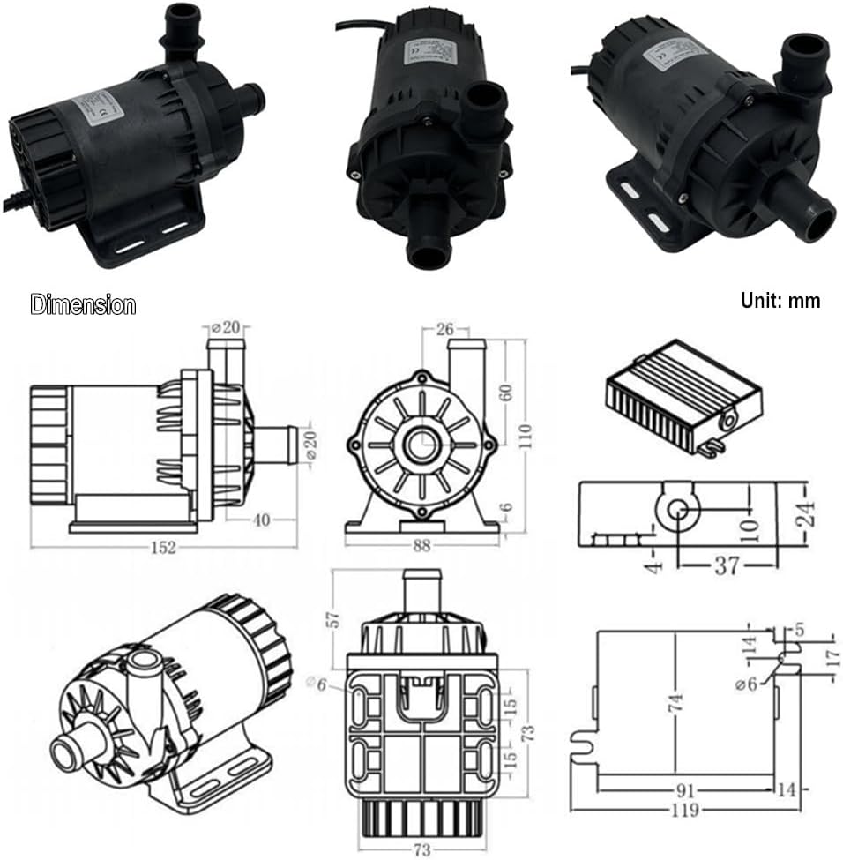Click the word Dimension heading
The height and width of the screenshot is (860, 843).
click(x=83, y=305)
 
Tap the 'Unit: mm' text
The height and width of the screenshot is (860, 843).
click(x=780, y=301)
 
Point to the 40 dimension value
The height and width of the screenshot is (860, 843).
click(x=262, y=520)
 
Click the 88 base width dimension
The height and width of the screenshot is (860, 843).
click(x=421, y=546)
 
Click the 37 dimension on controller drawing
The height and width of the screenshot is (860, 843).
click(x=726, y=565)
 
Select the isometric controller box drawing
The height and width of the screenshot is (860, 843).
click(x=683, y=395)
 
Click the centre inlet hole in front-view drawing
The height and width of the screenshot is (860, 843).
click(x=419, y=443)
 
